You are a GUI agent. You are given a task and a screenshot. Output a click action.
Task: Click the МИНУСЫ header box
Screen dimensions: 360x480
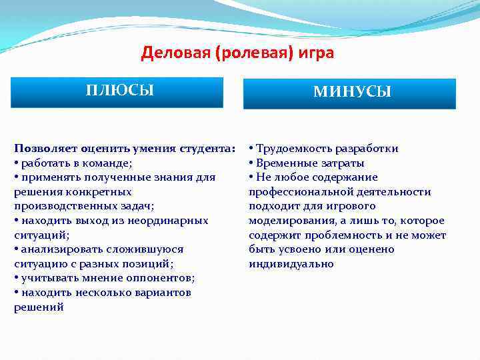(352, 93)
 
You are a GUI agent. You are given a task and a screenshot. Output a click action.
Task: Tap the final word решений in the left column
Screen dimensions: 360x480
(39, 307)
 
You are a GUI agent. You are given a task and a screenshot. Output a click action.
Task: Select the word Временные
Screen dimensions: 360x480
(287, 163)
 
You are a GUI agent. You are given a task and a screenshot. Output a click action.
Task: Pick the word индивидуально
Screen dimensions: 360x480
(291, 264)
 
